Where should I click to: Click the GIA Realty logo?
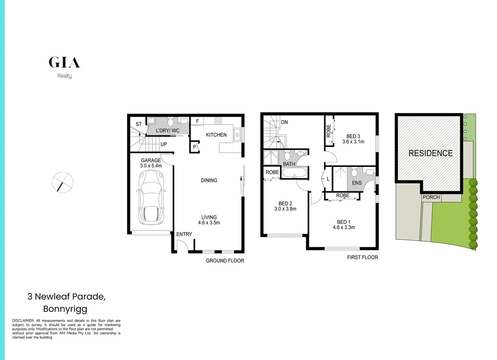pyautogui.click(x=64, y=67)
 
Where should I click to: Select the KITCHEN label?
pyautogui.click(x=216, y=135)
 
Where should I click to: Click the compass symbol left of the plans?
pyautogui.click(x=62, y=182)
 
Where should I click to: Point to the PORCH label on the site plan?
pyautogui.click(x=431, y=197)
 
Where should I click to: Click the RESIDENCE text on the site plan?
pyautogui.click(x=430, y=153)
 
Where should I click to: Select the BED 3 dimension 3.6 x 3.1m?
pyautogui.click(x=353, y=142)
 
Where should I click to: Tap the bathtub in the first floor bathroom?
pyautogui.click(x=295, y=173)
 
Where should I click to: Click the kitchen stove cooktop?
pyautogui.click(x=218, y=121)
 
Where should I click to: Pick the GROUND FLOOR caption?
pyautogui.click(x=225, y=261)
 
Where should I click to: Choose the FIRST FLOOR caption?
pyautogui.click(x=362, y=257)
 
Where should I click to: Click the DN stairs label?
pyautogui.click(x=284, y=122)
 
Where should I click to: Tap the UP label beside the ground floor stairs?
pyautogui.click(x=164, y=144)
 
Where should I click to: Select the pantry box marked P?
pyautogui.click(x=194, y=147)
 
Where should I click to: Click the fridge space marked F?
pyautogui.click(x=197, y=121)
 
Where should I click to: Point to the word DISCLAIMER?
pyautogui.click(x=23, y=321)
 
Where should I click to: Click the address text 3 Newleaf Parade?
pyautogui.click(x=66, y=296)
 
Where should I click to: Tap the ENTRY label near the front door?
pyautogui.click(x=184, y=234)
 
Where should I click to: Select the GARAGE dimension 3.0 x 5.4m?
pyautogui.click(x=151, y=166)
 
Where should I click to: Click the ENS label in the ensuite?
pyautogui.click(x=357, y=183)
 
